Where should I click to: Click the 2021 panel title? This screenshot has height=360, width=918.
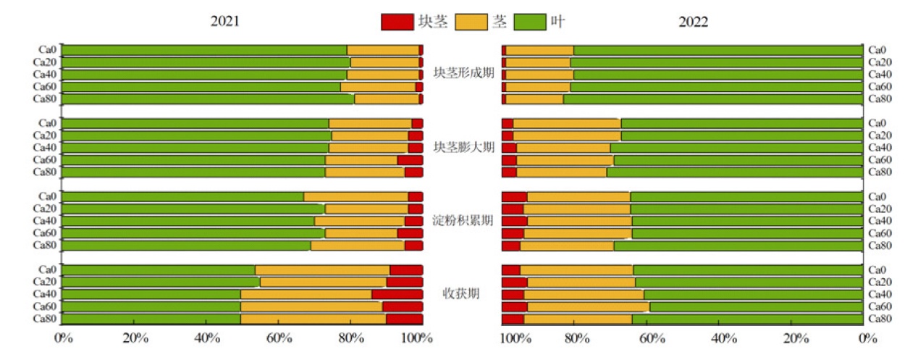coord(224,22)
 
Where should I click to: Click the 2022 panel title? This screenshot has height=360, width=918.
coord(693,22)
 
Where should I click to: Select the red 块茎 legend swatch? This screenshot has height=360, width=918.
coord(397,22)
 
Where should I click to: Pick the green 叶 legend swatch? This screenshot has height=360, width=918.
coord(530,22)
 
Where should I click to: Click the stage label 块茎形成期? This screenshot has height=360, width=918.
coord(463,73)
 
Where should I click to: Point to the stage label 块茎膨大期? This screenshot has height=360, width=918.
coord(463,147)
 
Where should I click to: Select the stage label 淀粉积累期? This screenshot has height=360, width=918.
coord(463,220)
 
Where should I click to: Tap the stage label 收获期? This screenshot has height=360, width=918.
coord(463,293)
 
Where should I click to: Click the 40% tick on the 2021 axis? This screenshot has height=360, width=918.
coord(207,338)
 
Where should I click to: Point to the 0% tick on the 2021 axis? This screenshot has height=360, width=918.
coord(64,338)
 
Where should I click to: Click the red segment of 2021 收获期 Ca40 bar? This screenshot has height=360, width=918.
coord(397,294)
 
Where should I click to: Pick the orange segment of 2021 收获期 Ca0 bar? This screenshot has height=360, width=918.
coord(322,270)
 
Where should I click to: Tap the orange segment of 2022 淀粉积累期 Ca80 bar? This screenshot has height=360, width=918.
coord(567,246)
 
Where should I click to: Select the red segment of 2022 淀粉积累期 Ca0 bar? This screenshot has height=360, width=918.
coord(515,196)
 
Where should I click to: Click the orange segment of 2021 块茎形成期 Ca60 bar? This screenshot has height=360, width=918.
coord(378,87)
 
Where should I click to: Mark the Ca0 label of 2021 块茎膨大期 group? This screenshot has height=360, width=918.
coord(48,123)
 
